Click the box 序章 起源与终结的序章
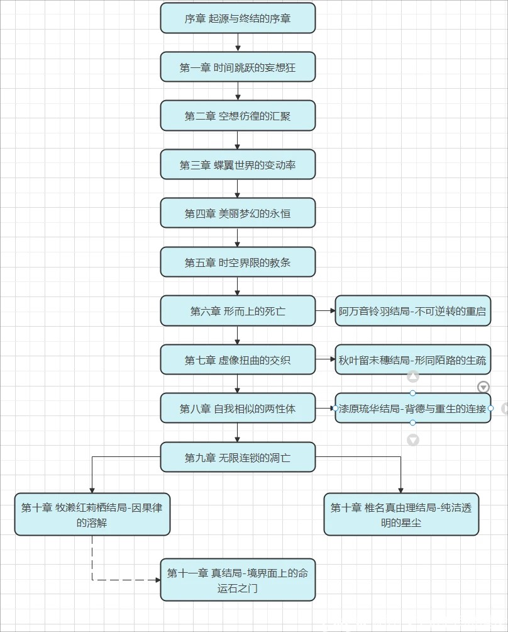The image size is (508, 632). click(x=238, y=18)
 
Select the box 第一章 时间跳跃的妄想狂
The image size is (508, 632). click(x=238, y=67)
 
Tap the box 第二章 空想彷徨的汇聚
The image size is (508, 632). click(x=238, y=116)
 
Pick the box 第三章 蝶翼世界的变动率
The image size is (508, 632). click(x=238, y=165)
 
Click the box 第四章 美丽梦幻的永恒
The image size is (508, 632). click(x=238, y=213)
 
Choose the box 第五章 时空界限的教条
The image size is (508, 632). click(x=238, y=262)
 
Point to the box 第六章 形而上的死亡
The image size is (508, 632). click(x=238, y=311)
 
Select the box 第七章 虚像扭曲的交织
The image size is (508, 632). click(x=238, y=360)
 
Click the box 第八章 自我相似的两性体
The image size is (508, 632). click(x=238, y=409)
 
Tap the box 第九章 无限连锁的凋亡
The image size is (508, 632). click(x=238, y=458)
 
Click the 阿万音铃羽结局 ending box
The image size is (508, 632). click(x=412, y=311)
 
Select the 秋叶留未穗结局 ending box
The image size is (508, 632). click(x=412, y=360)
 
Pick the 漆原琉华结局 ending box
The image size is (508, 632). click(x=412, y=409)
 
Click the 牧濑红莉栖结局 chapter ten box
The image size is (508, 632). click(x=92, y=514)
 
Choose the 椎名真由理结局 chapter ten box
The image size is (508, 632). click(x=401, y=514)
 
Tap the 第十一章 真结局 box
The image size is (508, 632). click(x=238, y=580)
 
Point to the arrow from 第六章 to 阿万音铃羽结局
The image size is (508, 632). click(x=325, y=311)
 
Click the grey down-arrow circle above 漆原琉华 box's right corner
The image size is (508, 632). click(x=483, y=387)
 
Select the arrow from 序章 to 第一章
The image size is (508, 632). click(x=238, y=42)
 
